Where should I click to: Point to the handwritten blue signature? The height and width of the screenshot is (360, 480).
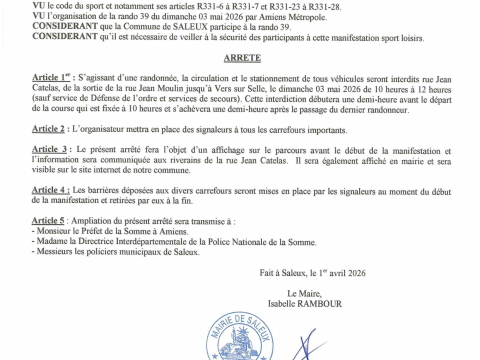click(305, 345)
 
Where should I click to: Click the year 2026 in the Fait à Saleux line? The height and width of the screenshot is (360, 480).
click(355, 273)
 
